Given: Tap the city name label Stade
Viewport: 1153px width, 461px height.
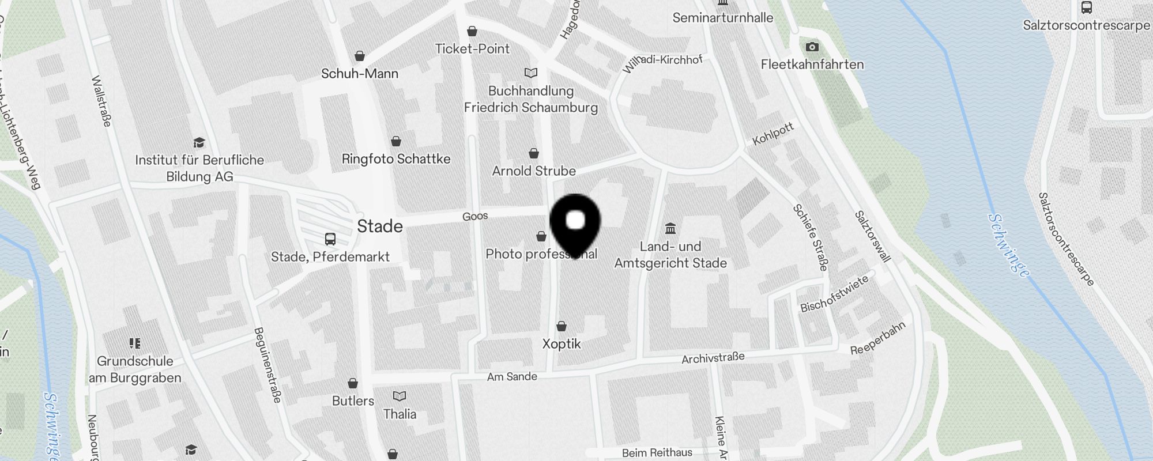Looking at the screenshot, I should pyautogui.click(x=379, y=226).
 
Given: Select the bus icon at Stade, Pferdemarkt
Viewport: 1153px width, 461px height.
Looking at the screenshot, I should pyautogui.click(x=330, y=239).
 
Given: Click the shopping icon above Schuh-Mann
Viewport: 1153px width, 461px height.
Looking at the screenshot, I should pyautogui.click(x=360, y=56).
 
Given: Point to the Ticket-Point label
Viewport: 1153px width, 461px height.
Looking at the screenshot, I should pyautogui.click(x=472, y=49).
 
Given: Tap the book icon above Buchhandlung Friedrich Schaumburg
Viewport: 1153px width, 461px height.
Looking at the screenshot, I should pyautogui.click(x=531, y=73).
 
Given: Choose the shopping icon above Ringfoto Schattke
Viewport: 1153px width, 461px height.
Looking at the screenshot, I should pyautogui.click(x=396, y=141).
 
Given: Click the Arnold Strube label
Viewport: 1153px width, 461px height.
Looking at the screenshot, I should pyautogui.click(x=534, y=171).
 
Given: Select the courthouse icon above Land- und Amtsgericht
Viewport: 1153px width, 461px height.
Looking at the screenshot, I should pyautogui.click(x=670, y=229).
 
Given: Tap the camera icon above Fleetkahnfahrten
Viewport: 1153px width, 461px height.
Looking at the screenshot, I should pyautogui.click(x=812, y=47).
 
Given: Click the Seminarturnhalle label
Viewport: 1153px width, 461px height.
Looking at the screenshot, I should pyautogui.click(x=723, y=18).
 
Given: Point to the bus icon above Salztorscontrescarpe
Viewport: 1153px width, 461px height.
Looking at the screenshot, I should pyautogui.click(x=1087, y=7).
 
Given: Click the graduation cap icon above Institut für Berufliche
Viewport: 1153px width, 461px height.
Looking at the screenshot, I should pyautogui.click(x=199, y=142).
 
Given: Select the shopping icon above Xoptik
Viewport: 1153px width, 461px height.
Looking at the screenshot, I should pyautogui.click(x=562, y=326).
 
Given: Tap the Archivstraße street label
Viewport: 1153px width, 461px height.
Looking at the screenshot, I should pyautogui.click(x=713, y=358).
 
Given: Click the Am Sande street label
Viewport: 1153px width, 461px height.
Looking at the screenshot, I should pyautogui.click(x=512, y=377).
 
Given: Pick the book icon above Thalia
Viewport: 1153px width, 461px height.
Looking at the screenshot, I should pyautogui.click(x=400, y=396).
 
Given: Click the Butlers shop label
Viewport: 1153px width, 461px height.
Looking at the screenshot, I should pyautogui.click(x=353, y=401).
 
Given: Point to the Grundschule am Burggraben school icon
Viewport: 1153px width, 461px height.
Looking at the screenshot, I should pyautogui.click(x=135, y=343).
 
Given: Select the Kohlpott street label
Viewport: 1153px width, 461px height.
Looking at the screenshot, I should pyautogui.click(x=773, y=134).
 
